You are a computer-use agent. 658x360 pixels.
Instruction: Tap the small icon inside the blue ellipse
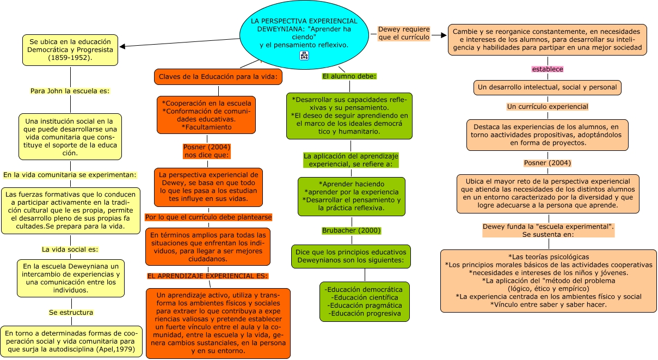[304, 56]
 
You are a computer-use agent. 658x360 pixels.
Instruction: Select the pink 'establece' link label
[547, 69]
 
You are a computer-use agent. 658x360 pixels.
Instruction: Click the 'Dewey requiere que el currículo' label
[404, 33]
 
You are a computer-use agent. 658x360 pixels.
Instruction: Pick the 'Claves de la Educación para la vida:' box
[218, 77]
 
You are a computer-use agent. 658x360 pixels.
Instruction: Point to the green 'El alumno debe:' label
[349, 76]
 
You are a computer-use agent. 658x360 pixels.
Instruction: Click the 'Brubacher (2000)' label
[351, 230]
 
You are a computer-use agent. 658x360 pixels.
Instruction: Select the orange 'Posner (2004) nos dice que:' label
[207, 151]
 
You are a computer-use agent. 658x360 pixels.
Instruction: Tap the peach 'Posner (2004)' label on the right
[547, 163]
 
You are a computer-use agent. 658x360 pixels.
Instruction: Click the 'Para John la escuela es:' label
[70, 91]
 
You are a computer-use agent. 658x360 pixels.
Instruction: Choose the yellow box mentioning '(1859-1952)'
[70, 50]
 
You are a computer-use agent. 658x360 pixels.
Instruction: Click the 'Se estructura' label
[71, 313]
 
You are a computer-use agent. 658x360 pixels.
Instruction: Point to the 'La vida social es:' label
[70, 249]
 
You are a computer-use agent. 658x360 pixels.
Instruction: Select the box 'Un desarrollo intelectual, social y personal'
[547, 87]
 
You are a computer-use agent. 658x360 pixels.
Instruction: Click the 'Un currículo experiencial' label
[547, 107]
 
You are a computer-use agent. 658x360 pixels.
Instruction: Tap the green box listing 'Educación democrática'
[364, 301]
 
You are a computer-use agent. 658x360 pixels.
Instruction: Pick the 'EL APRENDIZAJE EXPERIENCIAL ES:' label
[207, 276]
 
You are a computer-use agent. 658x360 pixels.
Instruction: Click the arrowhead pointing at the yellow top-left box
[122, 47]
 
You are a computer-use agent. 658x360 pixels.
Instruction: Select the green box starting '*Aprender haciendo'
[351, 196]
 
